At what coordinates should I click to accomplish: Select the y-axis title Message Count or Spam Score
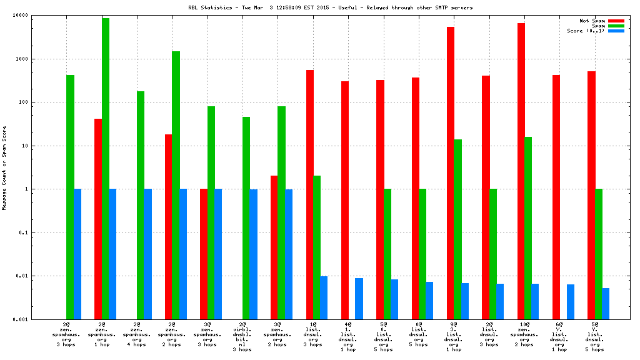(x=5, y=167)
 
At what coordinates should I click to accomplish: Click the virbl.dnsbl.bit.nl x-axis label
(x=242, y=337)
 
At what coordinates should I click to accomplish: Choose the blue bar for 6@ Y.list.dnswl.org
(x=571, y=301)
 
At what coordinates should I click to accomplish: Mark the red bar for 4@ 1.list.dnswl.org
(x=345, y=200)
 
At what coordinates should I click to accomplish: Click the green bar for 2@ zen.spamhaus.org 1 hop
(x=106, y=168)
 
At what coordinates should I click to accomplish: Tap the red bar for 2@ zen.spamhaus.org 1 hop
(x=98, y=219)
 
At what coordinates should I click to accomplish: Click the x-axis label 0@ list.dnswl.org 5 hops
(x=418, y=334)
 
